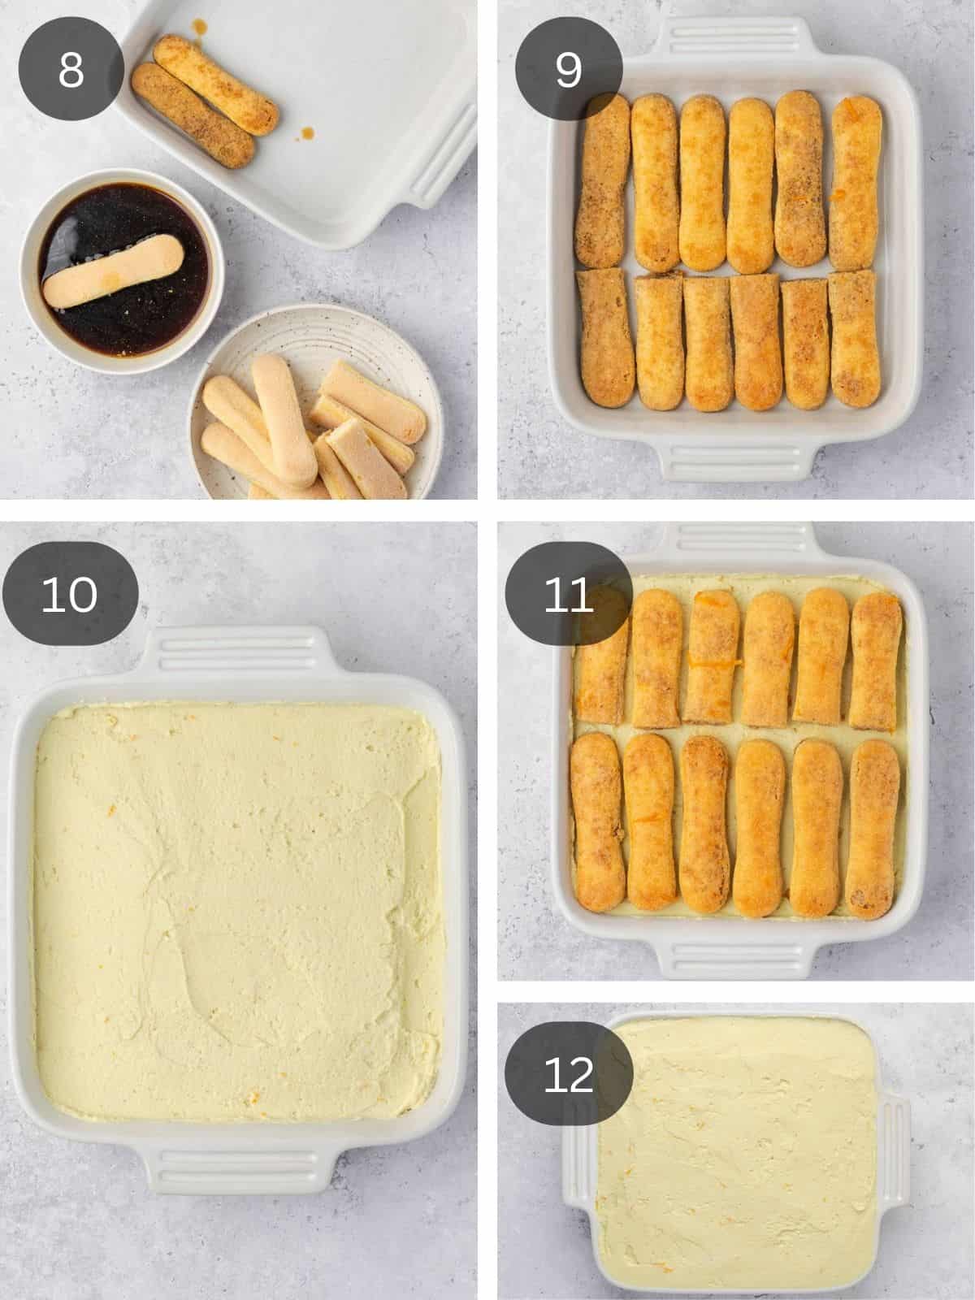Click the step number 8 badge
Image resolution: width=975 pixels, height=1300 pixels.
click(71, 69)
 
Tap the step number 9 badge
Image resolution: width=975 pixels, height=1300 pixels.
click(569, 69)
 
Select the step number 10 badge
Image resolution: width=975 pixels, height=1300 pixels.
click(70, 594)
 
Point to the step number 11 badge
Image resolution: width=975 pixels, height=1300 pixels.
click(569, 594)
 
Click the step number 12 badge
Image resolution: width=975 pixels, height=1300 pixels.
click(569, 1074)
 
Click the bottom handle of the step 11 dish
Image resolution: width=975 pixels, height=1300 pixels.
click(735, 959)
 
